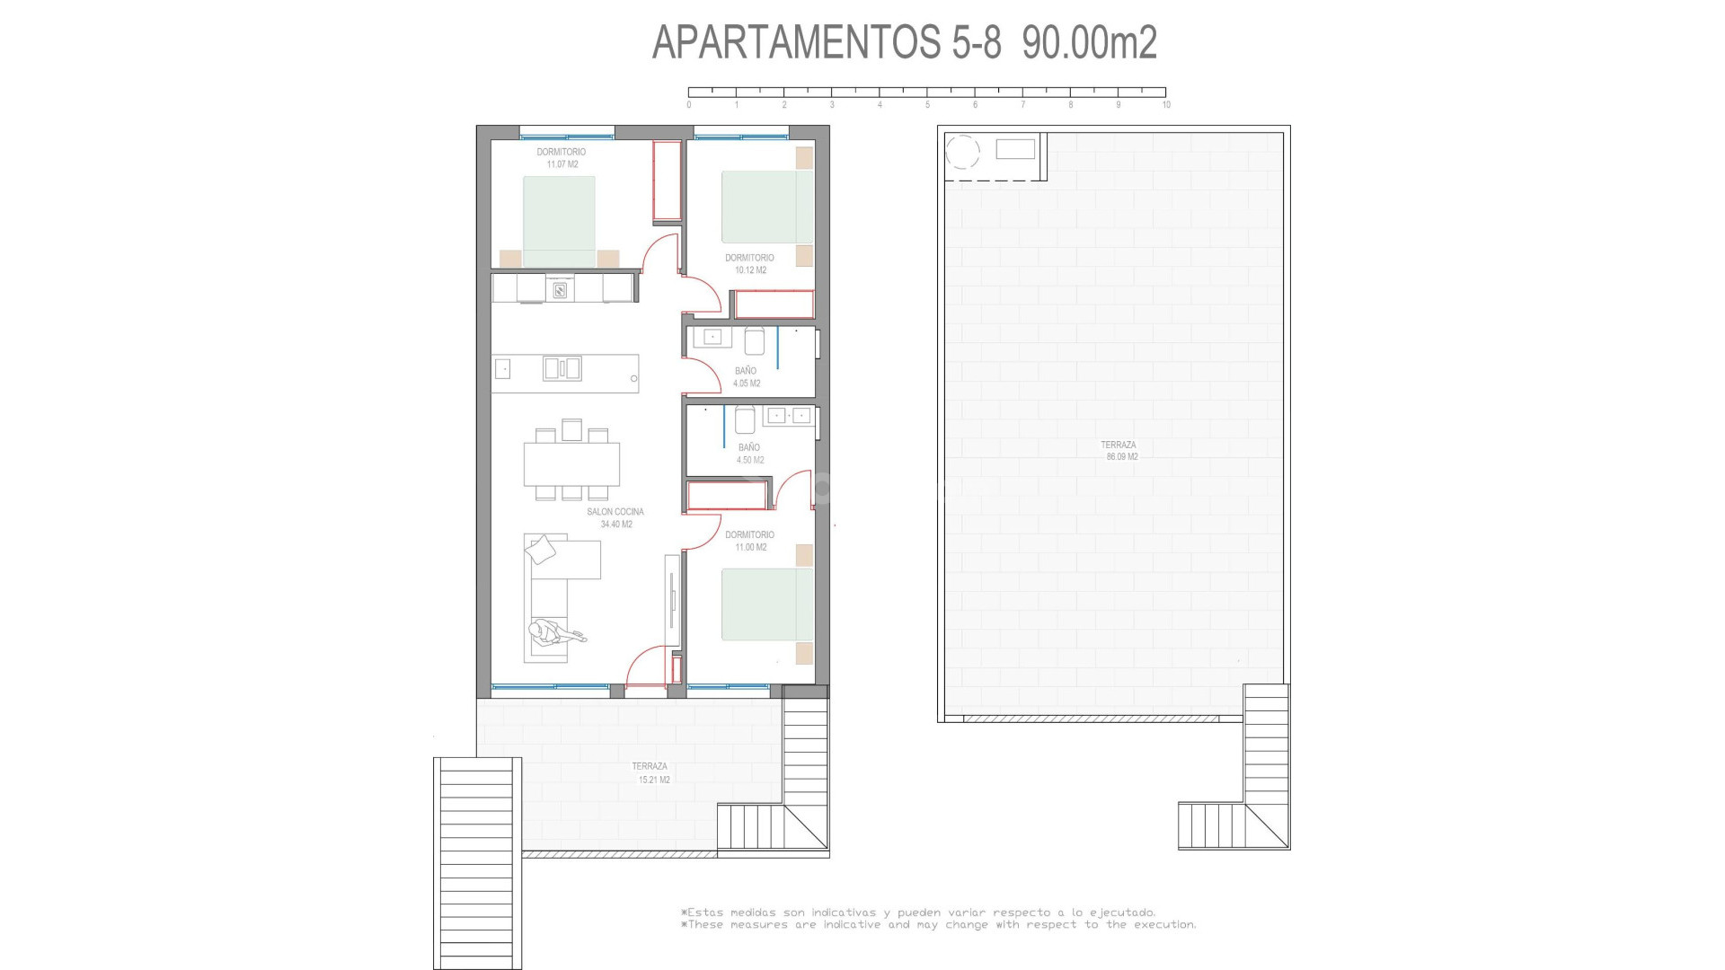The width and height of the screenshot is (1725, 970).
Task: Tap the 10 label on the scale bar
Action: point(1166,105)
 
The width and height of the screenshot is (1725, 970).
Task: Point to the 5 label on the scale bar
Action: point(927,105)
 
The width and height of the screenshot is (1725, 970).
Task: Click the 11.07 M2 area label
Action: point(562,164)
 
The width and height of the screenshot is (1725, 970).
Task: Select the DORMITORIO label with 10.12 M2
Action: point(749,258)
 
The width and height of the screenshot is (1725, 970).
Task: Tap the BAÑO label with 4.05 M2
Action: point(746,370)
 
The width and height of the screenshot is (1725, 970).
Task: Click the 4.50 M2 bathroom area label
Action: point(750,460)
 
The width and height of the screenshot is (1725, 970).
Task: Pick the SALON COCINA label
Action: point(615,512)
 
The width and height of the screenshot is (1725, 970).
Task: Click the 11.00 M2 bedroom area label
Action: point(750,547)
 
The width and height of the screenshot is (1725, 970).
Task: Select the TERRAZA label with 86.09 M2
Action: point(1119,445)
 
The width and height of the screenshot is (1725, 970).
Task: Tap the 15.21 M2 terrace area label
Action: point(653,780)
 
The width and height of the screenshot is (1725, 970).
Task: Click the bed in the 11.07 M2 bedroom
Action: point(559,221)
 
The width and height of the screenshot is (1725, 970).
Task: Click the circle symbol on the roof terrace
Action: point(962,152)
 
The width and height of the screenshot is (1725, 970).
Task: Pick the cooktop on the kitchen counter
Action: point(559,289)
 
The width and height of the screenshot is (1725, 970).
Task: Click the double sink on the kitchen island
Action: point(562,368)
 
